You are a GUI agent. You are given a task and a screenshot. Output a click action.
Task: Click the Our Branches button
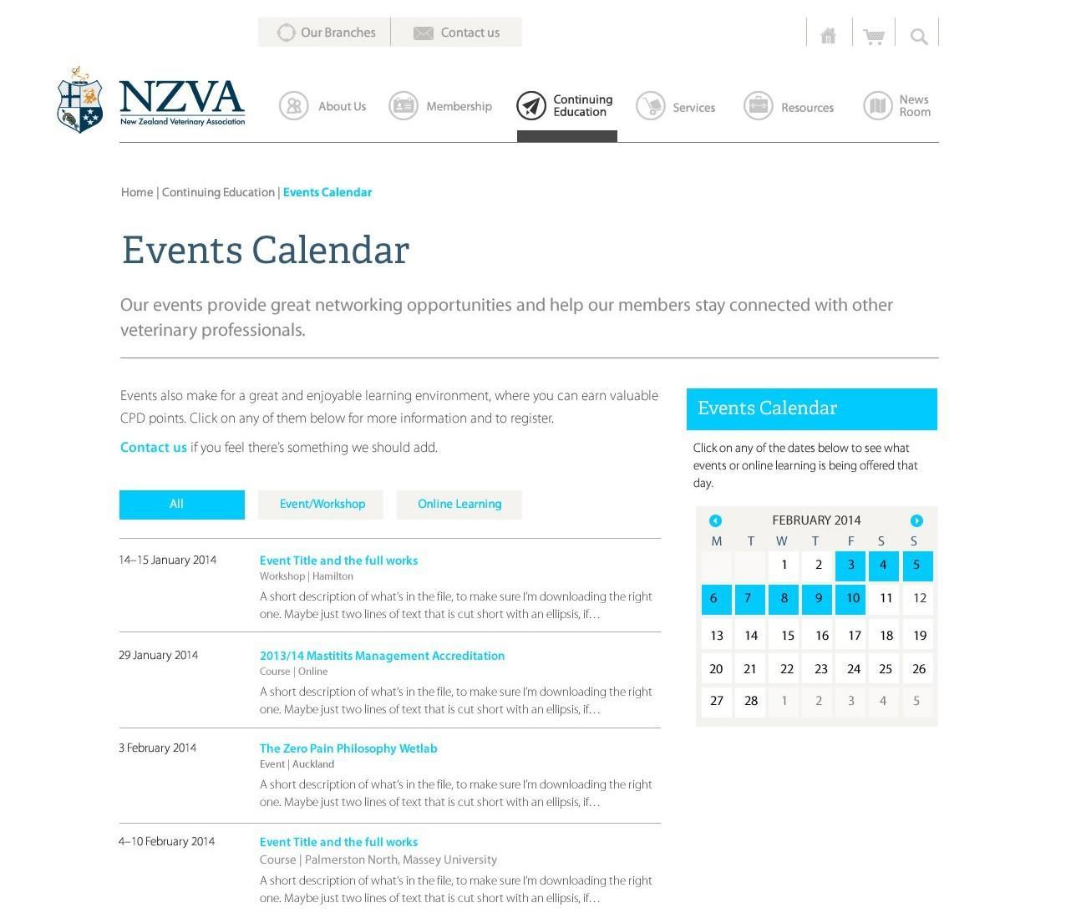click(324, 33)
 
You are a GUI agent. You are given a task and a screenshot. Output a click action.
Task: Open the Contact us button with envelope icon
click(456, 33)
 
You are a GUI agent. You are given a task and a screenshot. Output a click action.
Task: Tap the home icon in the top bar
click(828, 35)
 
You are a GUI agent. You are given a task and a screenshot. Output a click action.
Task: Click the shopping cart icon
click(874, 36)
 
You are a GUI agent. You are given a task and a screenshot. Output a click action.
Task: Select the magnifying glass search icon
click(918, 36)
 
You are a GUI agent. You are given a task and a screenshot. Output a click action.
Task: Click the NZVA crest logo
click(80, 100)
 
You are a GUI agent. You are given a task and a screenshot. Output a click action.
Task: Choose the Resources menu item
click(789, 108)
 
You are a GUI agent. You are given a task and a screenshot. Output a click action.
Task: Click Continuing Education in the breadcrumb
click(218, 193)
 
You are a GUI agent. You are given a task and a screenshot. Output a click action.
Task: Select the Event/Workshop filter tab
click(322, 505)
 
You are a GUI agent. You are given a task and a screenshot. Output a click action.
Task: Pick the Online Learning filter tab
click(459, 505)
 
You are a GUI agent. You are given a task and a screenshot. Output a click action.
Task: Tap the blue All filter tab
click(181, 505)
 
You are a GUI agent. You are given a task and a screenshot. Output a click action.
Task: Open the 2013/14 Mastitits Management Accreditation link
click(382, 656)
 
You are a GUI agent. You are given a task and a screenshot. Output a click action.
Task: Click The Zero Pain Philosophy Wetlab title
click(348, 748)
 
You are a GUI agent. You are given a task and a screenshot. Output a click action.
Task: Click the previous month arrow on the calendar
click(715, 520)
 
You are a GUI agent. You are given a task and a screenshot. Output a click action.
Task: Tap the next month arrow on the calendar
click(916, 520)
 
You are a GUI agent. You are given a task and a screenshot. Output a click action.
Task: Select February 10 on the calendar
click(851, 598)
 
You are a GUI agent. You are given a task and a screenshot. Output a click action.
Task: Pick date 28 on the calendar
click(750, 701)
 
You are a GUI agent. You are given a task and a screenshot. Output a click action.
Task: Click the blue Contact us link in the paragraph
click(154, 448)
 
